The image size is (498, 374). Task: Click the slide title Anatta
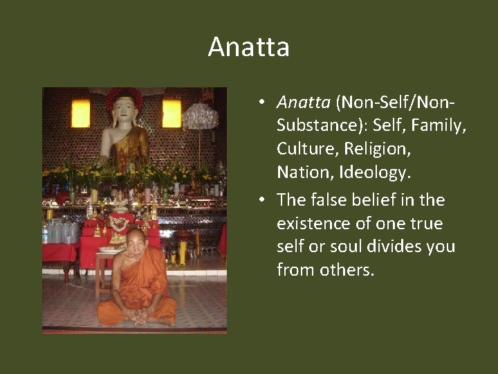[x=248, y=47]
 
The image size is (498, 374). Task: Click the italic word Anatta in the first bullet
[x=304, y=103]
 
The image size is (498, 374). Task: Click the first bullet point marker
[x=262, y=104]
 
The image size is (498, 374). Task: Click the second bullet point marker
[x=262, y=201]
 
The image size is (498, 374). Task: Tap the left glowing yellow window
[x=81, y=114]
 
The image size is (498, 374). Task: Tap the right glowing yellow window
[x=172, y=114]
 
